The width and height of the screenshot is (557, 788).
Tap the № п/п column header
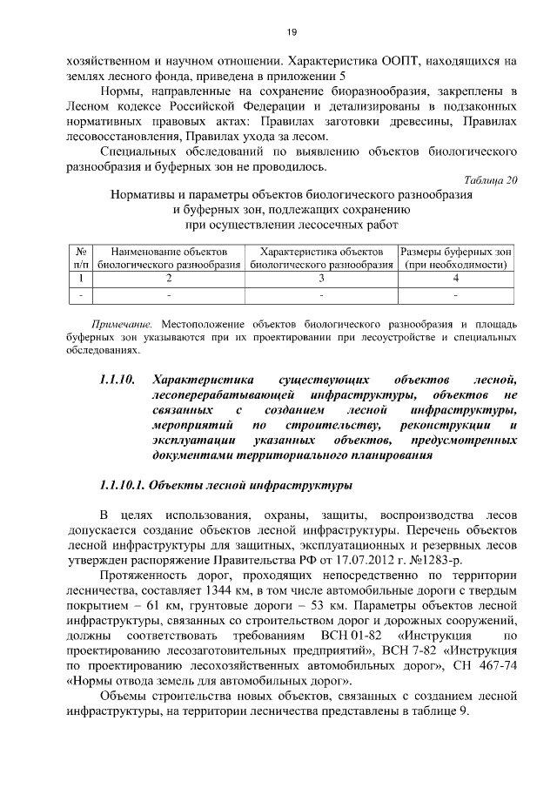(x=81, y=257)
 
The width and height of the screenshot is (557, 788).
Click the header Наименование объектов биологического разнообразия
(x=169, y=257)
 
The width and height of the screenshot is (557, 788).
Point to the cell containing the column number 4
(x=456, y=279)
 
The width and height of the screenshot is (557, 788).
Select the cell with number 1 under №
(x=81, y=279)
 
